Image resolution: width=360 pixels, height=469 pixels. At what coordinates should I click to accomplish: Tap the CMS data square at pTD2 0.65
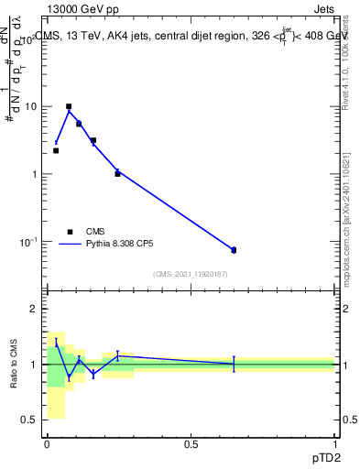(234, 250)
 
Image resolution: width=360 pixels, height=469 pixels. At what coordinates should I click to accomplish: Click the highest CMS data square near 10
(69, 106)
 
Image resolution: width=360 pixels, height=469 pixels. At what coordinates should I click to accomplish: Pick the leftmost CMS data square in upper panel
(56, 150)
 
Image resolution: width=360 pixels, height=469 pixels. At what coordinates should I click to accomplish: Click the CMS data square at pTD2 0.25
(117, 173)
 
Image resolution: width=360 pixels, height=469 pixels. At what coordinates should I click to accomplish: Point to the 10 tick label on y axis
(29, 106)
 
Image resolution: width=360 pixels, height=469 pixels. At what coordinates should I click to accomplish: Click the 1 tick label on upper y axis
(33, 174)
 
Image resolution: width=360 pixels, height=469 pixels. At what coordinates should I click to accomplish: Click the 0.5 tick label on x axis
(191, 444)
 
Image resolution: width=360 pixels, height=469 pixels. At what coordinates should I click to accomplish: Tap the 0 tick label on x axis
(47, 444)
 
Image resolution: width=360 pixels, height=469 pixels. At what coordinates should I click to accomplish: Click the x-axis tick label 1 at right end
(334, 444)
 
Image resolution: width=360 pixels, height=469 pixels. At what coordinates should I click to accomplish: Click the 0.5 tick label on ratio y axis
(28, 420)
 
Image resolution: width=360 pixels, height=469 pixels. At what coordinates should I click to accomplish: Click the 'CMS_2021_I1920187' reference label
(191, 274)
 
